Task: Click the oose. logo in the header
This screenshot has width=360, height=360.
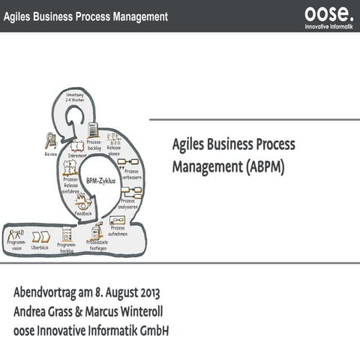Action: [327, 13]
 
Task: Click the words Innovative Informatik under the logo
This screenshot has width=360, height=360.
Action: [328, 26]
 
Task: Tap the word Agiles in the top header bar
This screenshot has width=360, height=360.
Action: [20, 16]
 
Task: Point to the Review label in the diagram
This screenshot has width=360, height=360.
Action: [51, 154]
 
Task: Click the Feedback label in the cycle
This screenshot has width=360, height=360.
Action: [83, 214]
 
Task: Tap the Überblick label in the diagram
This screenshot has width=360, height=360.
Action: [40, 247]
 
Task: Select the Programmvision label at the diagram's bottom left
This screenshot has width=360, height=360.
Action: [16, 245]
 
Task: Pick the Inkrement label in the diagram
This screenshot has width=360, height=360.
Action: [77, 156]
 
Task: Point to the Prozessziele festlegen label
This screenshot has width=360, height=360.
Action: [97, 245]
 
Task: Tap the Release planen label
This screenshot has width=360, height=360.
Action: [114, 151]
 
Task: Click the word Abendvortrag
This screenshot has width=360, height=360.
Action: [45, 293]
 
